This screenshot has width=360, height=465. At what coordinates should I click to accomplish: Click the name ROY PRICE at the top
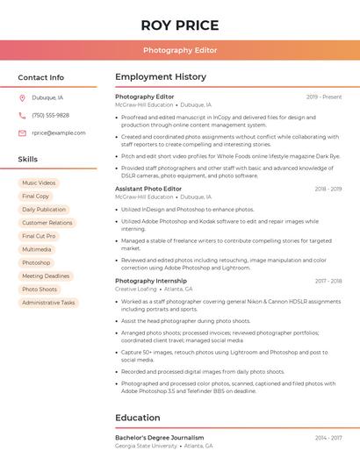180,25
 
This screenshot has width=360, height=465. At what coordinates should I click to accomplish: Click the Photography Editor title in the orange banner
180,50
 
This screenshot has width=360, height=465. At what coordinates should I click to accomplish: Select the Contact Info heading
41,77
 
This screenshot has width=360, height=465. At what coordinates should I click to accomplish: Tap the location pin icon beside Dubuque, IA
22,98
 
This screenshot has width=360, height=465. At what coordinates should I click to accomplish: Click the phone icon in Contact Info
22,116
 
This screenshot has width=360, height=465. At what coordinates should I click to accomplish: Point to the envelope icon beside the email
22,133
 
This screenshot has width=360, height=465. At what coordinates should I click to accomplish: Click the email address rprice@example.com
59,133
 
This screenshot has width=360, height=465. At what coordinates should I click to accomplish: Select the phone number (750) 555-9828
50,116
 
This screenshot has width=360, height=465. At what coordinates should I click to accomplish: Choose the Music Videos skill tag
39,183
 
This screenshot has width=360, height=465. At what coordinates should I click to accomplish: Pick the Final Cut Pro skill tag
39,236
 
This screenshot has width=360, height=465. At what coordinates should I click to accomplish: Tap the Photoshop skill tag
36,263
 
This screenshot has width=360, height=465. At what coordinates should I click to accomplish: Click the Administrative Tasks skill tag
49,303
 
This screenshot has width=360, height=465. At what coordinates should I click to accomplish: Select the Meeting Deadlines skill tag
46,276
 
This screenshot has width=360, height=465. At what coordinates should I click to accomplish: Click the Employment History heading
161,77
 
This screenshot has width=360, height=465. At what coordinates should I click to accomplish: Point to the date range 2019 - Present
324,97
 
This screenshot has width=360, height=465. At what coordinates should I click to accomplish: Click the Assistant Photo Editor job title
148,189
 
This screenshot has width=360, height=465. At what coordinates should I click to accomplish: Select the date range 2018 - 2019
328,189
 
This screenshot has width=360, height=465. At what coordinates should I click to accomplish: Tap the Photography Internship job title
151,281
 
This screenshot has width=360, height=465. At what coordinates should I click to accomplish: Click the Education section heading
138,418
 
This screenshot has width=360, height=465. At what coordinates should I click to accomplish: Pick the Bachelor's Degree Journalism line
160,438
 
